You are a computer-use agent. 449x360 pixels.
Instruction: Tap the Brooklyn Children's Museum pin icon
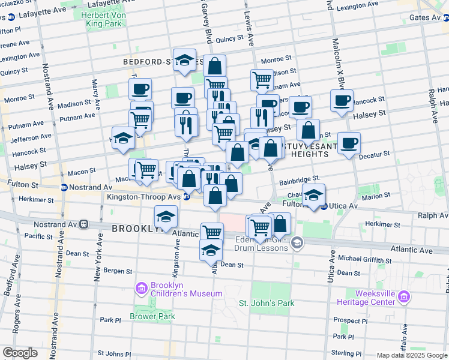pos(141,289)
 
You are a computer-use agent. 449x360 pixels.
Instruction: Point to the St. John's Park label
pos(267,303)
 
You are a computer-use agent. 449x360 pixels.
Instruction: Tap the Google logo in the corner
pos(20,353)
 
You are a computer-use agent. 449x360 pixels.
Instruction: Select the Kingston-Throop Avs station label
pos(144,196)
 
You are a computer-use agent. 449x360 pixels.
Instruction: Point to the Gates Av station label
pos(425,18)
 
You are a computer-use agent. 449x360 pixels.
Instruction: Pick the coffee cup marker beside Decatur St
pos(349,143)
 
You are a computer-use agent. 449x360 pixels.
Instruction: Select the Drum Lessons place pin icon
pos(296,242)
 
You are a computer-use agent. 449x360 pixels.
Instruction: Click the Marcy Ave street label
pos(95,90)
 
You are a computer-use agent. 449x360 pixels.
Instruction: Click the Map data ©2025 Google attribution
pos(412,355)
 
